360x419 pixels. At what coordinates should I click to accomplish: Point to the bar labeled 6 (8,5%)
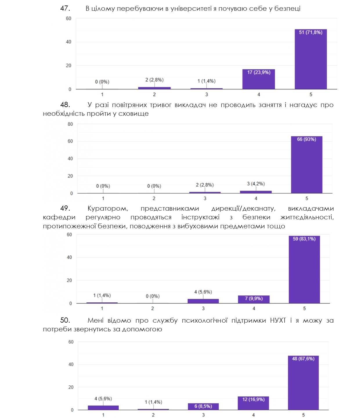(203, 407)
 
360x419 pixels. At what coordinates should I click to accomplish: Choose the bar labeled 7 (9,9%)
(254, 299)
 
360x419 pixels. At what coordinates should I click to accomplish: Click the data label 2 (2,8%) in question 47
(154, 80)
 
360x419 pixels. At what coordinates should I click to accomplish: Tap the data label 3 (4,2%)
(256, 184)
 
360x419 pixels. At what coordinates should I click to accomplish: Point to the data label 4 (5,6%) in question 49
(203, 292)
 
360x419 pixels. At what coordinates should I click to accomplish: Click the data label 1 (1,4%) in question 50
(153, 402)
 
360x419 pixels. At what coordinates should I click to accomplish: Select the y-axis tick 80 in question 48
(70, 124)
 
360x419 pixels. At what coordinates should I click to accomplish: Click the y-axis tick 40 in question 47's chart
(68, 42)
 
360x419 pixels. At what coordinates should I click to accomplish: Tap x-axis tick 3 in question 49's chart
(203, 308)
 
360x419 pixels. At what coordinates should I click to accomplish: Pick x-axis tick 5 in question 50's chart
(303, 415)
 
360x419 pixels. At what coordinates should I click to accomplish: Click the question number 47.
(65, 8)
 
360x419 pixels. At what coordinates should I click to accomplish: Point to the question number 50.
(65, 320)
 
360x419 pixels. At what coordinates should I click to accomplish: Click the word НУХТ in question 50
(278, 320)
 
